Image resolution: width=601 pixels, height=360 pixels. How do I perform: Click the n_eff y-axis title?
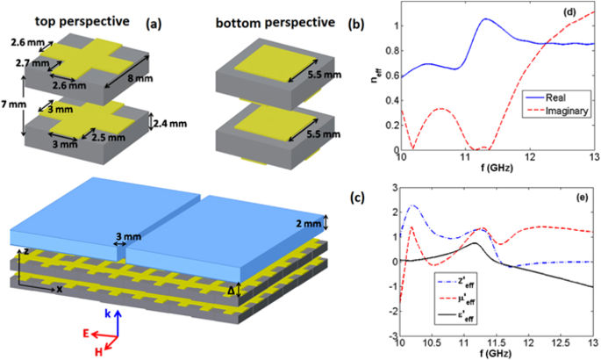369,78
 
